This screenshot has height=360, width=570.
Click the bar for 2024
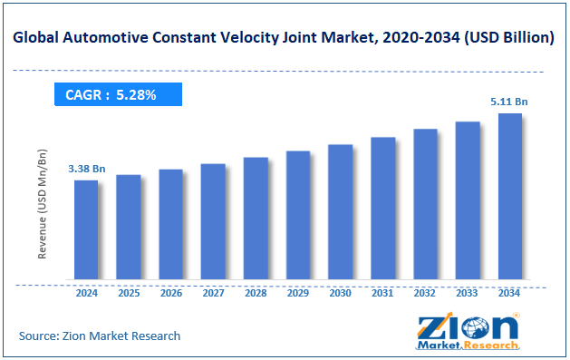tap(86, 229)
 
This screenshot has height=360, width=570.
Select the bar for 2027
tap(213, 221)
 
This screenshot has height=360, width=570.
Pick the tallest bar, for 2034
tap(509, 196)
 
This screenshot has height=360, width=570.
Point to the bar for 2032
tap(425, 204)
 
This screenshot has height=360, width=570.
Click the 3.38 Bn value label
tap(86, 169)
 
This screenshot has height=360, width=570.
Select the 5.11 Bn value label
tap(509, 102)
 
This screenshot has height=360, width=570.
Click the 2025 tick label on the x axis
tap(129, 293)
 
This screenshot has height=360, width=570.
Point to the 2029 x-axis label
tap(298, 293)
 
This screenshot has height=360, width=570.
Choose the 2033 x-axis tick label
tap(468, 293)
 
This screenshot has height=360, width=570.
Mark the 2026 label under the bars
tap(170, 293)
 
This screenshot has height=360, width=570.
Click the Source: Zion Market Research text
tap(100, 336)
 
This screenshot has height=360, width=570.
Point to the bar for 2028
tap(256, 218)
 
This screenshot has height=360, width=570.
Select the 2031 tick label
tap(382, 293)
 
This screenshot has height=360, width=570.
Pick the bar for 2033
tap(468, 200)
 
